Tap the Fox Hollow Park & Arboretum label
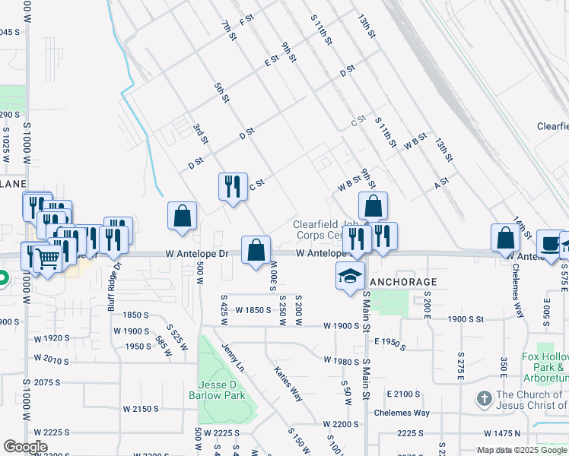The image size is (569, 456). pyautogui.click(x=545, y=367)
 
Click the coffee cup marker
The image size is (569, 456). pyautogui.click(x=548, y=243)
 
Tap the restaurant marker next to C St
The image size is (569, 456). pyautogui.click(x=232, y=187)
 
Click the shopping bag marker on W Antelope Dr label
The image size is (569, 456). pyautogui.click(x=256, y=249)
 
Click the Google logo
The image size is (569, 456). pyautogui.click(x=25, y=447)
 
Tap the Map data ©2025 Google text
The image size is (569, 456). pyautogui.click(x=522, y=450)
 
